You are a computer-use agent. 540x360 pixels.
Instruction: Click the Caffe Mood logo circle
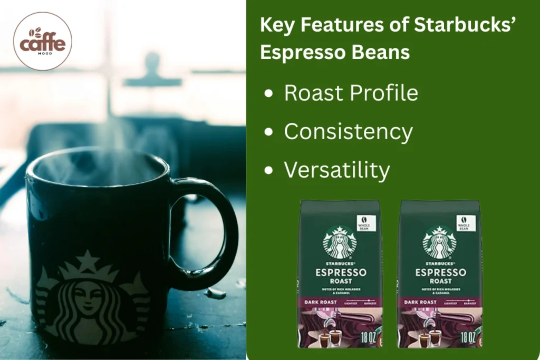tap(43, 41)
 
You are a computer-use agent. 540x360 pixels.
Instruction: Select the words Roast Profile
tap(351, 93)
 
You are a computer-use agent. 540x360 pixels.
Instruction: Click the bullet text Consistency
tap(348, 132)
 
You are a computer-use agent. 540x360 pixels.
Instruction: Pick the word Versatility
tap(337, 170)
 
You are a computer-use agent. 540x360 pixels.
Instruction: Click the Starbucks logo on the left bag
tap(340, 242)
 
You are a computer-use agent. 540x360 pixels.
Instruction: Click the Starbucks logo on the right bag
tap(440, 242)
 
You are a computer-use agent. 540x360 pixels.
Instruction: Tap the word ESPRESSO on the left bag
tap(341, 273)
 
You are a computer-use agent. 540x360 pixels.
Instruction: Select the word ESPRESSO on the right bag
tap(440, 273)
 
